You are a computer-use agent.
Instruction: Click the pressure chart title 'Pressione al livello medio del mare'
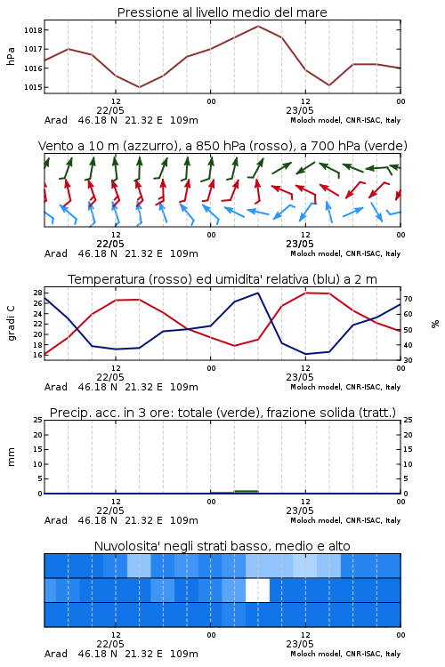[x=222, y=12]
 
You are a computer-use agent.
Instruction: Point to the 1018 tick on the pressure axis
[x=33, y=30]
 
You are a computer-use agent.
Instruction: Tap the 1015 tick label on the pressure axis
[x=33, y=87]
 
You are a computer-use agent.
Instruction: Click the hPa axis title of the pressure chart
[x=11, y=56]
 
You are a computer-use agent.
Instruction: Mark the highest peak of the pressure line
[x=258, y=26]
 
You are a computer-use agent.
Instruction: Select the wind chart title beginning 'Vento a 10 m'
[x=222, y=146]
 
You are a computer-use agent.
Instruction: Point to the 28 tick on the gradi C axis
[x=37, y=293]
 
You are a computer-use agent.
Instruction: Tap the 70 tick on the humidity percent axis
[x=408, y=299]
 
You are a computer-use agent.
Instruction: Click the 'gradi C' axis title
[x=11, y=323]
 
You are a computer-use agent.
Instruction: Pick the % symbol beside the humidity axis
[x=435, y=324]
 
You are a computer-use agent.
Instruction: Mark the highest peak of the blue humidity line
[x=257, y=293]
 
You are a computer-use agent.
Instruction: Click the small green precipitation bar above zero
[x=247, y=491]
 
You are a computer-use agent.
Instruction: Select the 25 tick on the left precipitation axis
[x=37, y=420]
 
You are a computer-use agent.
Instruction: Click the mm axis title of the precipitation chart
[x=11, y=457]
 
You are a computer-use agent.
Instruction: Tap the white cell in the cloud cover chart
[x=257, y=590]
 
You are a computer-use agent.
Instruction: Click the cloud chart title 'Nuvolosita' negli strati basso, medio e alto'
[x=222, y=546]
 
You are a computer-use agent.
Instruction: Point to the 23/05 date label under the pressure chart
[x=300, y=110]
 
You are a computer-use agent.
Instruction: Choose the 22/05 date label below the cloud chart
[x=110, y=644]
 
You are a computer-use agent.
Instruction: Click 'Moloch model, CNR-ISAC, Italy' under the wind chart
[x=345, y=253]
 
